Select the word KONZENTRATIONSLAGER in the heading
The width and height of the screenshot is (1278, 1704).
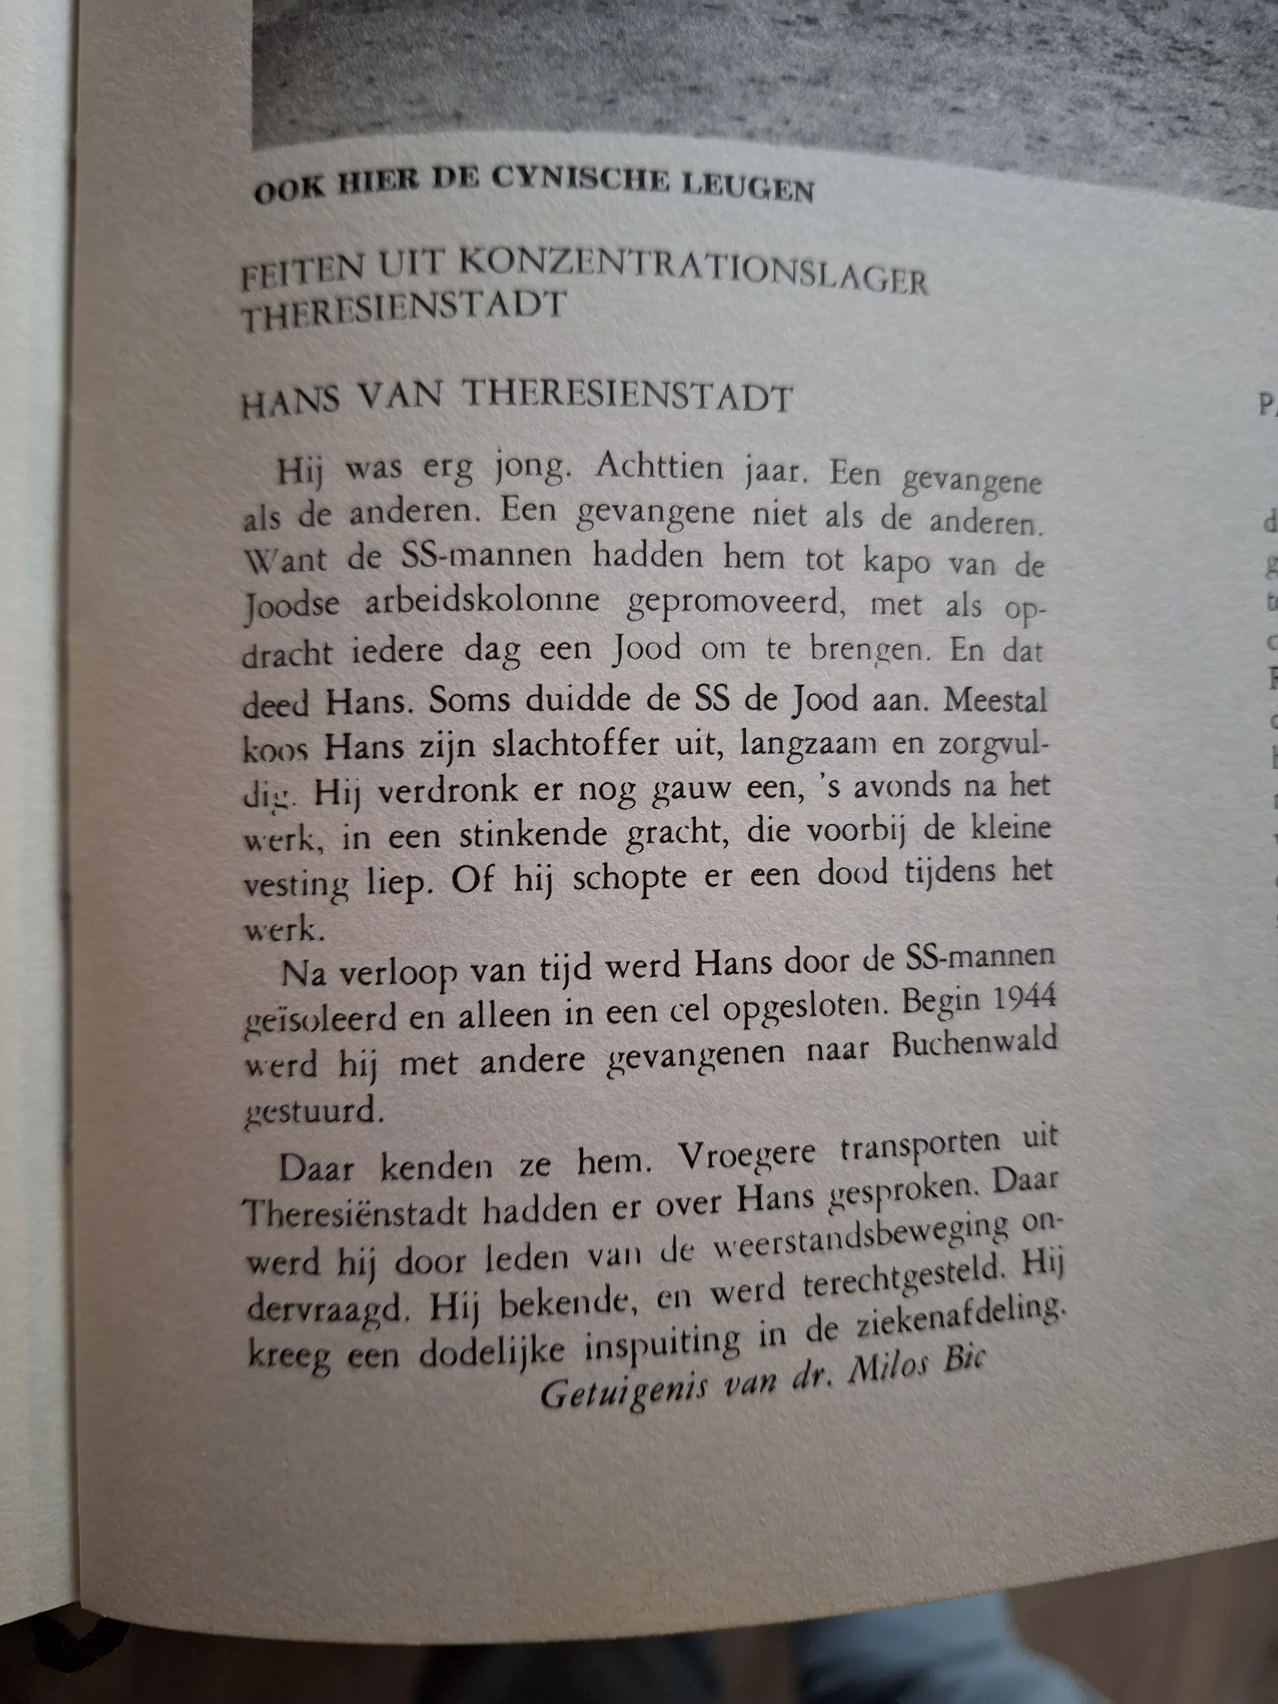tap(693, 272)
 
